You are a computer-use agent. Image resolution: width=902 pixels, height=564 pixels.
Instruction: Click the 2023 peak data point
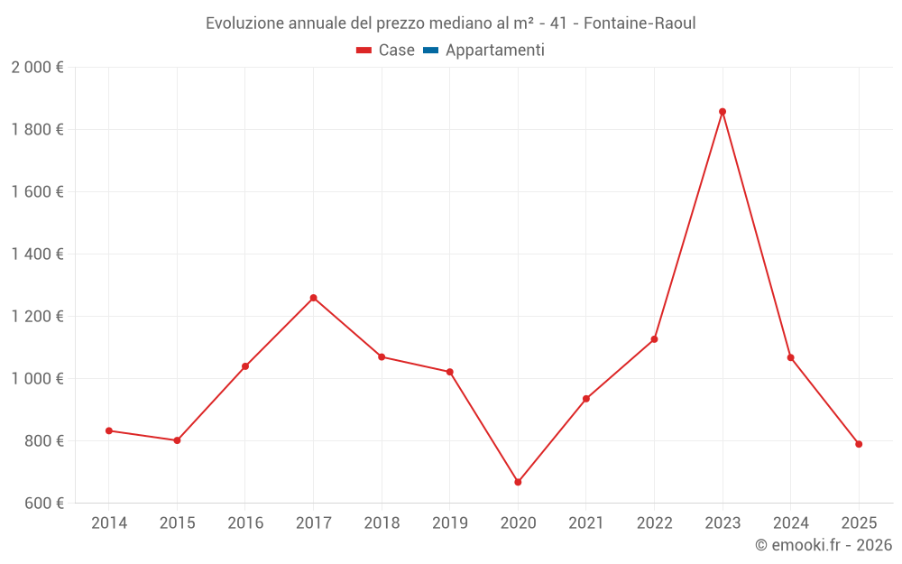tap(723, 112)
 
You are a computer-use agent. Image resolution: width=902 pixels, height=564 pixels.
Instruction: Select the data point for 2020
tap(518, 482)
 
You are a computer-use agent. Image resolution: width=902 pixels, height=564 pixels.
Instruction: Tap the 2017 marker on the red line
tap(313, 298)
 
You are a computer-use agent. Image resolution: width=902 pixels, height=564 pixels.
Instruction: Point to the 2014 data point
tap(109, 430)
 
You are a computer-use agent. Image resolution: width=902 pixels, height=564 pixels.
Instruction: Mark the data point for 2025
tap(859, 444)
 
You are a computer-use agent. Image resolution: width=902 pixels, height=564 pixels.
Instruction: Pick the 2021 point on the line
tap(586, 399)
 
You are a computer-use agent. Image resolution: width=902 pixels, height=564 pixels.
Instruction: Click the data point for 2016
tap(245, 366)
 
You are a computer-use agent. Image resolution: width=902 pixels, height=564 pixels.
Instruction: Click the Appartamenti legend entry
tap(494, 51)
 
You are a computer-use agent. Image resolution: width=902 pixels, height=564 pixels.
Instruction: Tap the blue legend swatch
tap(430, 51)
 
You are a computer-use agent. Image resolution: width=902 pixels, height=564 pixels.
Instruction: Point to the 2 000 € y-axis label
tap(37, 68)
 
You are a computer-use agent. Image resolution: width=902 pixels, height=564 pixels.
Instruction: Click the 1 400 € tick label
tap(37, 254)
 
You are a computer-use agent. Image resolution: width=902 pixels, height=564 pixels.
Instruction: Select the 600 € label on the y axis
tap(42, 503)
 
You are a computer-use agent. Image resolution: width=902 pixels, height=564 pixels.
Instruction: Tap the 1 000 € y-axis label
tap(37, 379)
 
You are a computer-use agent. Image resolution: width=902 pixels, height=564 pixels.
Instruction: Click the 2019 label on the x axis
tap(449, 523)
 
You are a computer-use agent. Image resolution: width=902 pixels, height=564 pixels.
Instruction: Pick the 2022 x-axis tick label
tap(654, 523)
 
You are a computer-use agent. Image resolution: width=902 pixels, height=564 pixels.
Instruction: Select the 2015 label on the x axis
tap(177, 523)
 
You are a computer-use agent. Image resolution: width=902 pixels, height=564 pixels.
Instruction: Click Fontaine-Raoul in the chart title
tap(640, 23)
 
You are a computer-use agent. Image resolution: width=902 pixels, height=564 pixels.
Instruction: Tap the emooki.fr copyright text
tap(824, 545)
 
